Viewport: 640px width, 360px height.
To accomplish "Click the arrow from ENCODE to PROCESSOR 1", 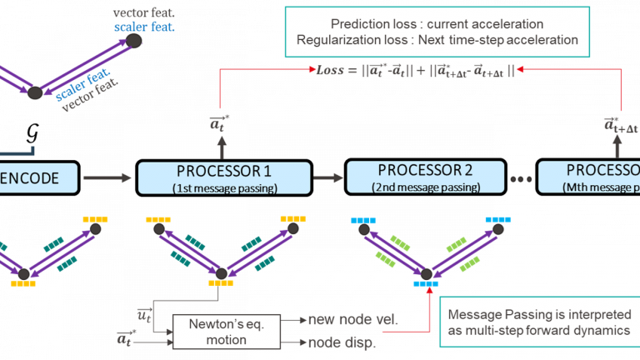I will click(107, 177).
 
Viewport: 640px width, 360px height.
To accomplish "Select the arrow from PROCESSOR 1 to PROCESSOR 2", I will click(322, 177).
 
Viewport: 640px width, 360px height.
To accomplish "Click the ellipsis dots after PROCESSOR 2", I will click(516, 179).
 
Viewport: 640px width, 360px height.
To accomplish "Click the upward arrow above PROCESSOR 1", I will click(220, 148).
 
